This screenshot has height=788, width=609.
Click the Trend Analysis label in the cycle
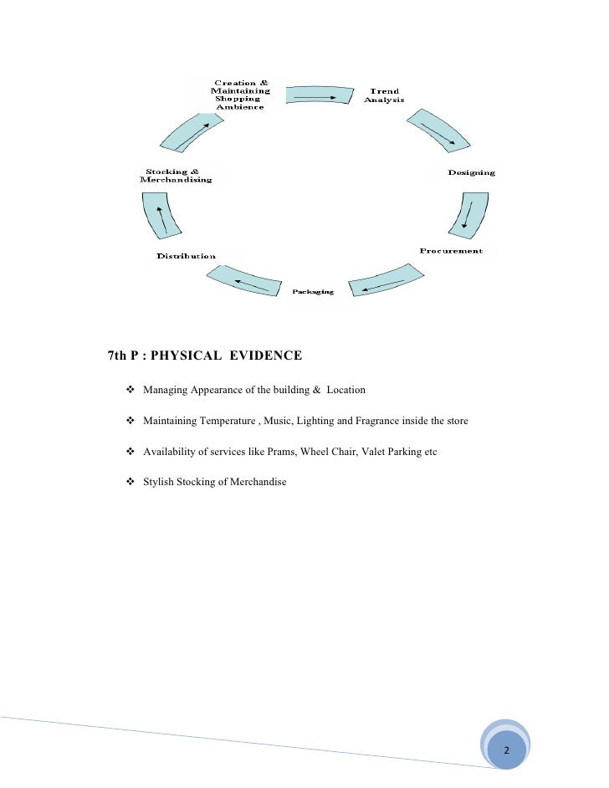384,95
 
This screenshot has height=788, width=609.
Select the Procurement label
451,251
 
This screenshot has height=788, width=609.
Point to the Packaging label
313,292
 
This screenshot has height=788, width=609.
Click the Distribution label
186,256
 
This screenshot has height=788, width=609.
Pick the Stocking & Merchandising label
176,176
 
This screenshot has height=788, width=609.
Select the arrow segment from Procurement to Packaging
382,283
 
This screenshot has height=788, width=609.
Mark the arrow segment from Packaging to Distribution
243,280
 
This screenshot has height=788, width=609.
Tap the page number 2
505,750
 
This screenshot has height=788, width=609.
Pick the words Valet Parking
391,452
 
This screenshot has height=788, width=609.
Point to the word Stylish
161,483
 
